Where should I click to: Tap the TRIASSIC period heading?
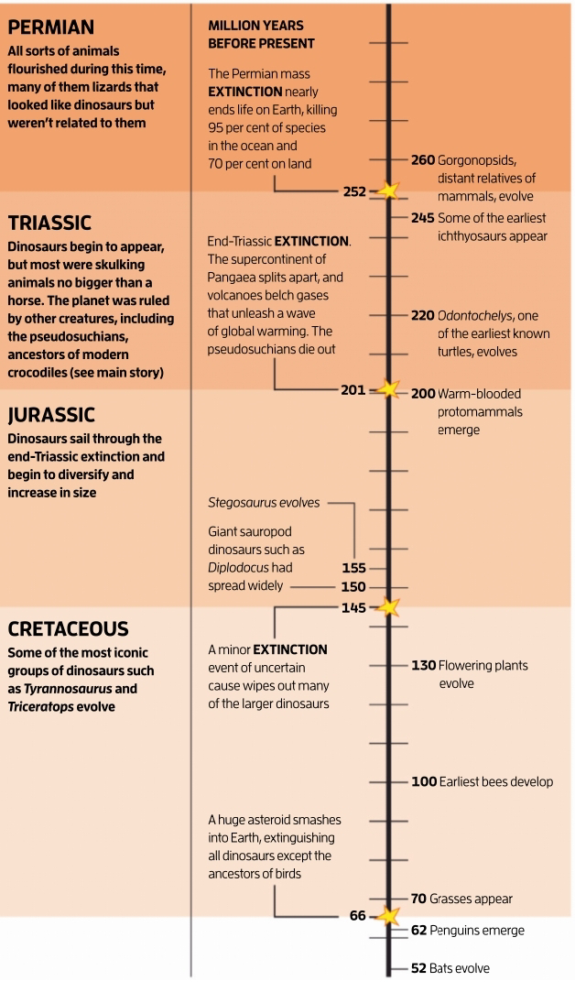pos(49,223)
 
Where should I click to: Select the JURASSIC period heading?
pos(51,416)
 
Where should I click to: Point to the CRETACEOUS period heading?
pos(68,629)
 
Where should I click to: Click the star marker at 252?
pos(389,191)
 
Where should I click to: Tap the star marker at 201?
pos(389,390)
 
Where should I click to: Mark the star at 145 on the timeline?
pos(389,607)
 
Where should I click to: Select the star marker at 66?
pos(389,916)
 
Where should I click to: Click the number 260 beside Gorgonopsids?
pos(422,160)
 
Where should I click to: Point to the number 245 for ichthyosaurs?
pos(422,218)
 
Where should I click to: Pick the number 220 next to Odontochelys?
pos(422,315)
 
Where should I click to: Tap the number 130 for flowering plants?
pos(423,666)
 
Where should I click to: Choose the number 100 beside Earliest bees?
pos(423,782)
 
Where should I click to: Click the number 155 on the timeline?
pos(353,568)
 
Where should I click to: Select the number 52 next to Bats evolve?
pos(418,968)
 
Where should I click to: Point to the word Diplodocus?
pos(239,568)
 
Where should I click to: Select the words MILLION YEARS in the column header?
pos(256,25)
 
